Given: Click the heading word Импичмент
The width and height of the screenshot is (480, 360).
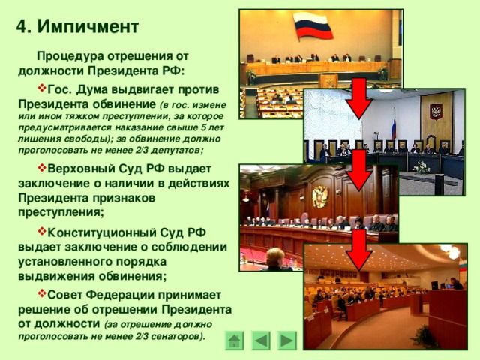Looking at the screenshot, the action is (88, 27).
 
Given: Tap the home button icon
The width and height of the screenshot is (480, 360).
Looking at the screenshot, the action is (235, 340).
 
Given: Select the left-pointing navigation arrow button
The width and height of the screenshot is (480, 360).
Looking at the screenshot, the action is (261, 340).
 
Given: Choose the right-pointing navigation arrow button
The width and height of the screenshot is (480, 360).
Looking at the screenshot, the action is (287, 340).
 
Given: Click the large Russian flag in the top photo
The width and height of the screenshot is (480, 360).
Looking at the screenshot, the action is (313, 27).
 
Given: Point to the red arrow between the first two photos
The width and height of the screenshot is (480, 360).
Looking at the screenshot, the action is (360, 98).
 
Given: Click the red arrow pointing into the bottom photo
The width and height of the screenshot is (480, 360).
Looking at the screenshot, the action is (360, 250).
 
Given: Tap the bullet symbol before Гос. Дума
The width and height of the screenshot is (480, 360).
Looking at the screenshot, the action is (42, 88).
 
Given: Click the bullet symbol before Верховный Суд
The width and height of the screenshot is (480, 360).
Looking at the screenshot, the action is (42, 167).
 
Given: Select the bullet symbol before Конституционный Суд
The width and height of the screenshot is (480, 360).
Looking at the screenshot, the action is (42, 231).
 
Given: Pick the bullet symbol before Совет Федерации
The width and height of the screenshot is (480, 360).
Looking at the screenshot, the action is (42, 293).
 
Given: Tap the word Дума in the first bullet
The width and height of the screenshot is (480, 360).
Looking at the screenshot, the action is (91, 90).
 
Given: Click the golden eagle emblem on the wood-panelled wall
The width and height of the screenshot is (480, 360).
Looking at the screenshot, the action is (320, 196).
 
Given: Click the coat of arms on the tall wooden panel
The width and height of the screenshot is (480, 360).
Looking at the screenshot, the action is (435, 112).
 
